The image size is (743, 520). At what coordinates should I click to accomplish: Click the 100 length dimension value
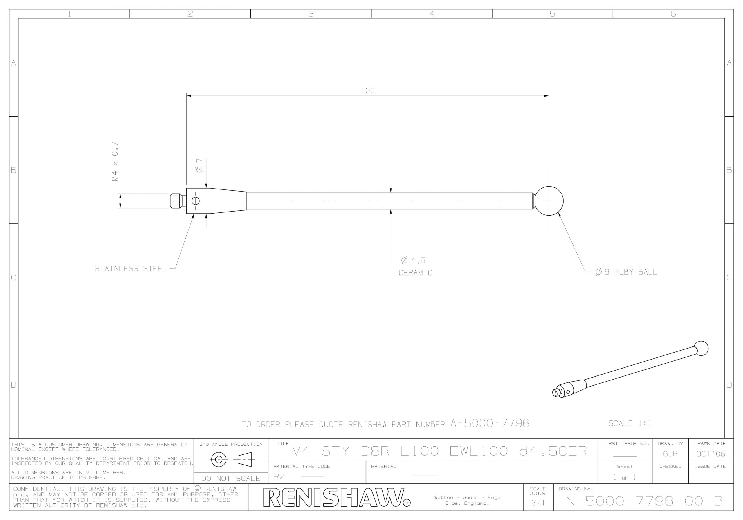[x=368, y=91]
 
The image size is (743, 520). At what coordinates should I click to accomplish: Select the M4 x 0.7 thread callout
[x=115, y=161]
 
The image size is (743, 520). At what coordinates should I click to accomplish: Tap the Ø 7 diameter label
[x=200, y=165]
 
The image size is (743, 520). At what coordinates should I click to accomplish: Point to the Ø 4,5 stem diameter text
[x=413, y=261]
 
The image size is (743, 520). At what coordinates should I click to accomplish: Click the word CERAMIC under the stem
[x=415, y=273]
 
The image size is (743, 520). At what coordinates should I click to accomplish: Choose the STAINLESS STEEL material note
[x=131, y=269]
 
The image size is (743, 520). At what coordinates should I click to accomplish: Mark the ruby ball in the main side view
[x=549, y=201]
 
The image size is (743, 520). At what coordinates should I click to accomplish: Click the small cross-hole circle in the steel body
[x=195, y=201]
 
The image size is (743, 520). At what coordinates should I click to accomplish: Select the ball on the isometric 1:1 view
[x=701, y=349]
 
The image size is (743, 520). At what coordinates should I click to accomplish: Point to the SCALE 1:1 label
[x=630, y=423]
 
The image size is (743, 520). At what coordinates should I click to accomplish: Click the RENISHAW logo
[x=337, y=497]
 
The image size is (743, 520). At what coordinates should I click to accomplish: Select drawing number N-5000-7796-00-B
[x=644, y=501]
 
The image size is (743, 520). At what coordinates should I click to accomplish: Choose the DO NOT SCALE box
[x=231, y=478]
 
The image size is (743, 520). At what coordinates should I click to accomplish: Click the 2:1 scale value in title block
[x=538, y=503]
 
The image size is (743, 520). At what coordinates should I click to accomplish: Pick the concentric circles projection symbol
[x=219, y=459]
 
